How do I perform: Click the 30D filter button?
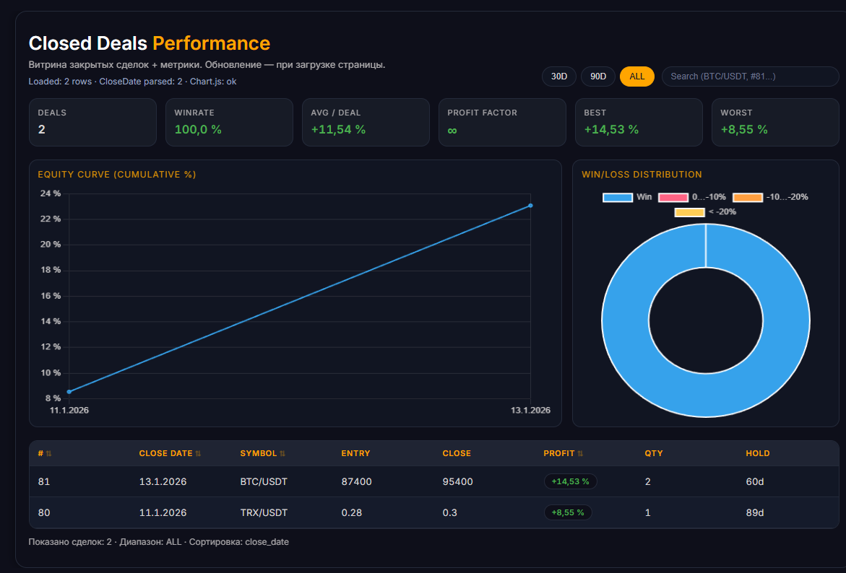tap(559, 76)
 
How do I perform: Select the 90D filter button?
tap(597, 76)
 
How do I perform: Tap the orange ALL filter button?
tap(637, 76)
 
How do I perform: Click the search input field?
tap(750, 76)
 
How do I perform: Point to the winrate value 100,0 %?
tap(198, 129)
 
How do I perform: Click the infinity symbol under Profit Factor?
tap(452, 130)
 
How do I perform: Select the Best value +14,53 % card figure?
tap(611, 129)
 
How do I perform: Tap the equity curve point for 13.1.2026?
tap(530, 206)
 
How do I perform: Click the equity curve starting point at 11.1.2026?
tap(69, 392)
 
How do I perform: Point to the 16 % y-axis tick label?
tap(51, 296)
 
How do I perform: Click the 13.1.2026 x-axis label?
tap(530, 410)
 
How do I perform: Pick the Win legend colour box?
tap(617, 197)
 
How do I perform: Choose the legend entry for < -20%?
tap(705, 212)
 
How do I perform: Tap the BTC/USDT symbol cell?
tap(264, 481)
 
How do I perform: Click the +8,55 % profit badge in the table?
tap(568, 512)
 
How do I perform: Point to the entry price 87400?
tap(357, 481)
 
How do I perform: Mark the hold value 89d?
tap(755, 512)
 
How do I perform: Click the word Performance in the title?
tap(212, 43)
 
